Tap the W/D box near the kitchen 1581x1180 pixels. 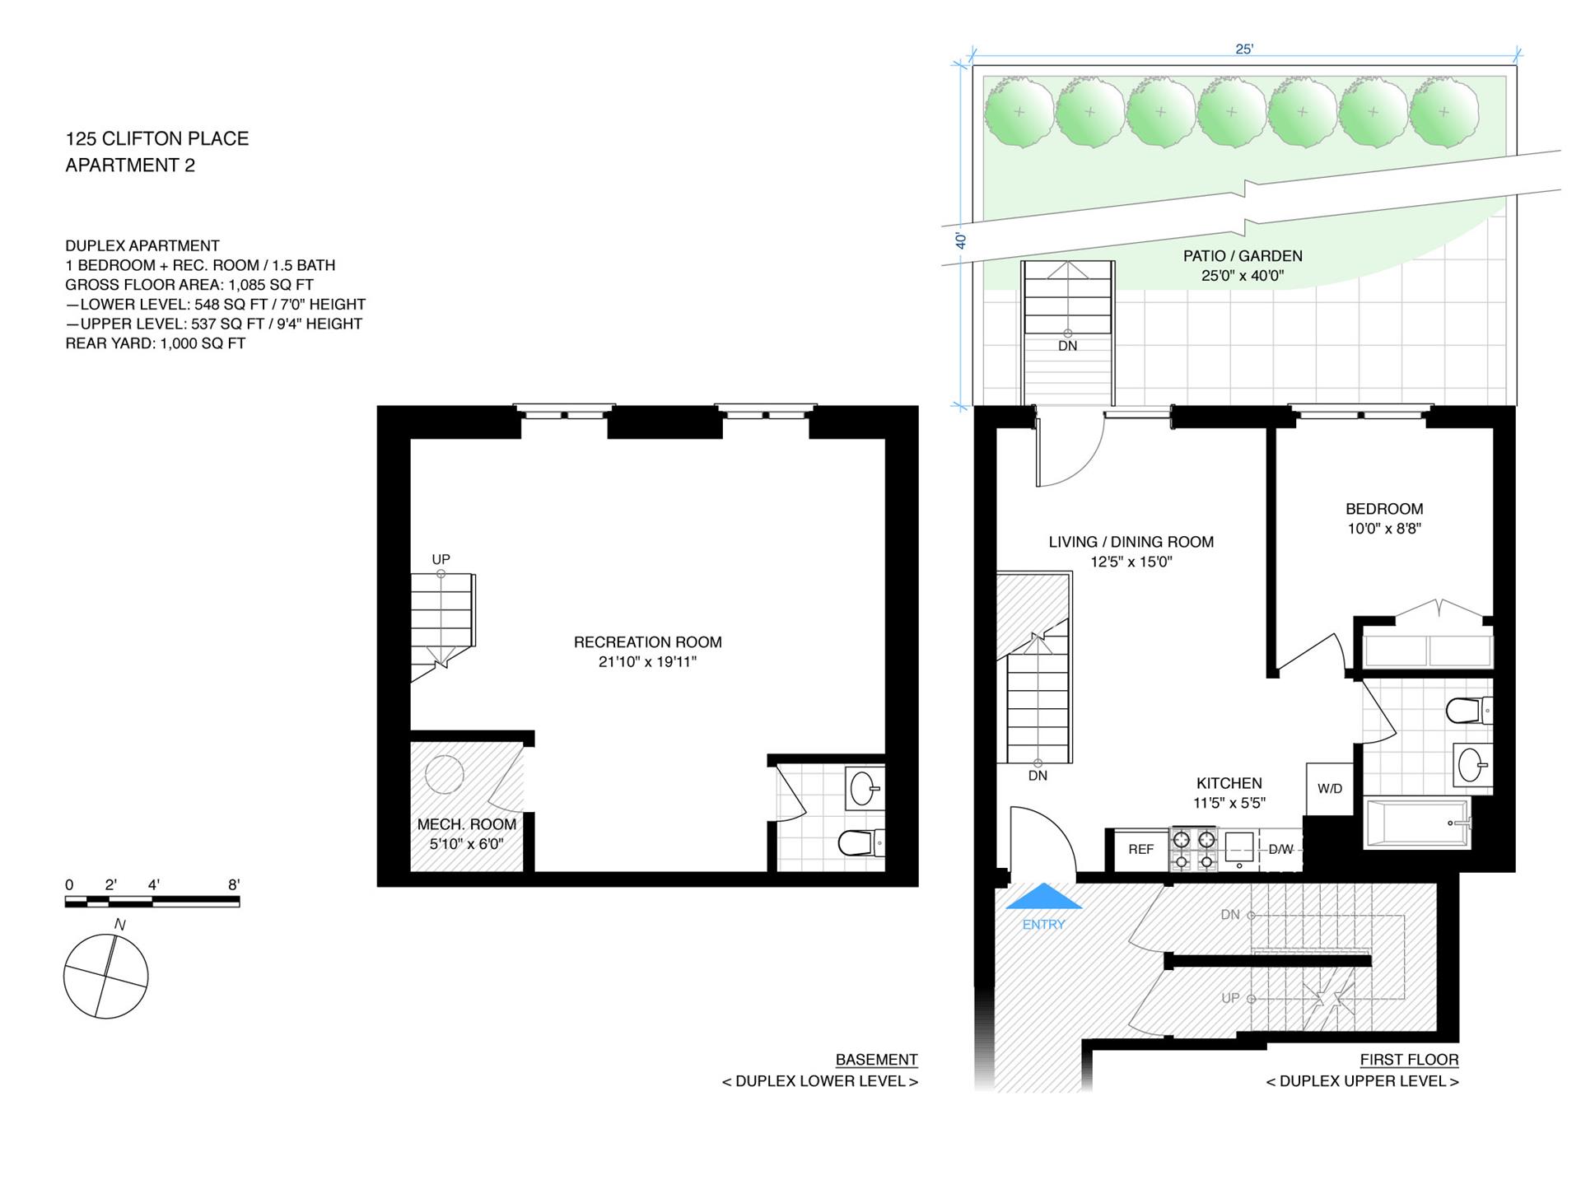[1330, 789]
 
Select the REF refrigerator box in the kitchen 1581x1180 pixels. [1141, 850]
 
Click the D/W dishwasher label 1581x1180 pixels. [1280, 850]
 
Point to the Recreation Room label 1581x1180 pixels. [648, 642]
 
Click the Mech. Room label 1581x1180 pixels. [467, 824]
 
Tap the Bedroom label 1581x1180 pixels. [1384, 509]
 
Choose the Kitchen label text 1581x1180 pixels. [1229, 783]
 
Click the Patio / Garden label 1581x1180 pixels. [1243, 256]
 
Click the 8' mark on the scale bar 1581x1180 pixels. [235, 885]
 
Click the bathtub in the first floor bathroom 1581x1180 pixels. [1417, 823]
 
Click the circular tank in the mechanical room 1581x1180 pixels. [445, 774]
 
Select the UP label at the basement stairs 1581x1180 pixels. [441, 560]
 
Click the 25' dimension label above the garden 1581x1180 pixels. [1244, 49]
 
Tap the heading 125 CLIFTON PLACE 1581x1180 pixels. [157, 138]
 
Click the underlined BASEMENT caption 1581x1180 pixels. [876, 1060]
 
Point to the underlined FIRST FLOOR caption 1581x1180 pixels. [1409, 1060]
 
